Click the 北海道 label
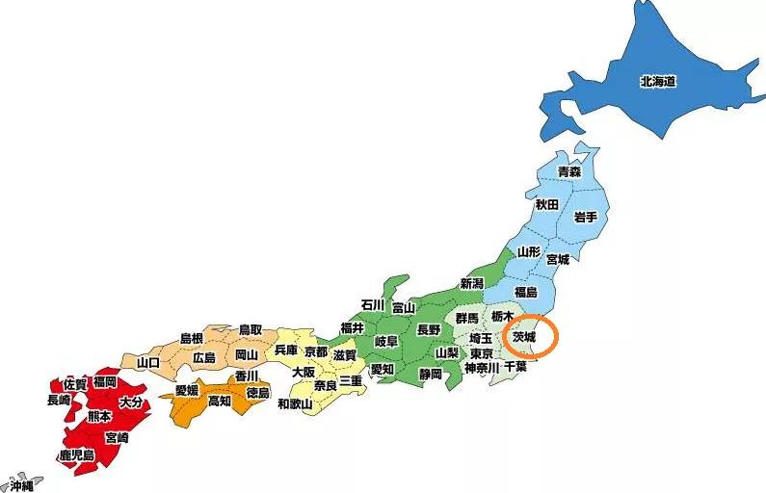pos(658,81)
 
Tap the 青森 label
pos(569,171)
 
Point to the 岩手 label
pos(585,217)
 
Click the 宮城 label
pos(557,259)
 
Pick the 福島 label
pos(525,291)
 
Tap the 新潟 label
pos(471,283)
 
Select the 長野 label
pos(428,329)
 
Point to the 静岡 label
pos(431,374)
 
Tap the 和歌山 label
pos(295,403)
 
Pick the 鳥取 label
pos(251,330)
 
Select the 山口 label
pos(148,362)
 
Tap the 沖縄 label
pos(16,484)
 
